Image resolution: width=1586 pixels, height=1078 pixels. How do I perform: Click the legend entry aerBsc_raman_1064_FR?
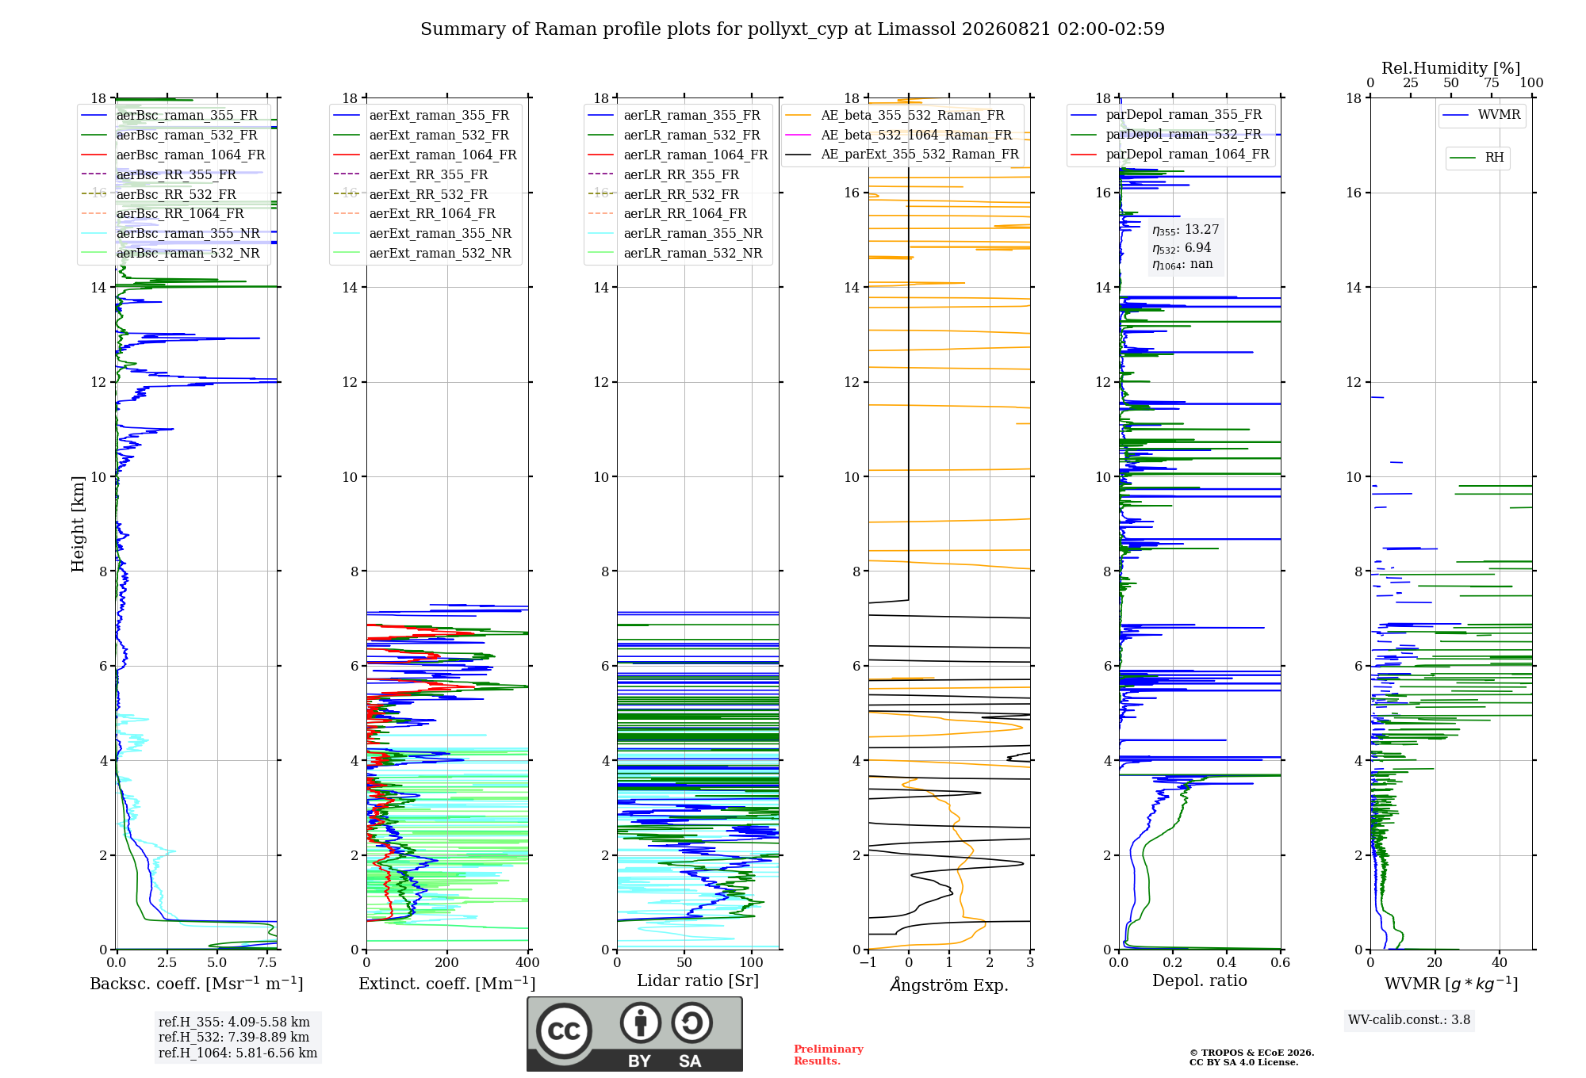point(173,155)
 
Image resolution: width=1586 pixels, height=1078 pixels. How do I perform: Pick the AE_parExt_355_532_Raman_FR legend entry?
point(902,154)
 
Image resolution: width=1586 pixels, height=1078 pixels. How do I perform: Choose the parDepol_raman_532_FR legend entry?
point(1166,135)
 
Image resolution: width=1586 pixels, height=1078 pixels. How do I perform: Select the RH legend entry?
point(1477,158)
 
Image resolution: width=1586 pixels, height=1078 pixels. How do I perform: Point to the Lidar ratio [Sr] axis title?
point(698,981)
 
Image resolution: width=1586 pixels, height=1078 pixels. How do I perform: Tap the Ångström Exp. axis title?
point(949,984)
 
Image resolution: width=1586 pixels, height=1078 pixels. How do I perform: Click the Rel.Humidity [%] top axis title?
point(1451,68)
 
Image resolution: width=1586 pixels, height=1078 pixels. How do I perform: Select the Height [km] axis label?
point(78,524)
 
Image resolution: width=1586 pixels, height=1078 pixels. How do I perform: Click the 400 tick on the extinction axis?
point(528,962)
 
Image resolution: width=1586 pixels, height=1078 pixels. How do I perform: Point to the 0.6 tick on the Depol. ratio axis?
point(1281,962)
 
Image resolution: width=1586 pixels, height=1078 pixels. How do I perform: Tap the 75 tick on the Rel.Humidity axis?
point(1492,82)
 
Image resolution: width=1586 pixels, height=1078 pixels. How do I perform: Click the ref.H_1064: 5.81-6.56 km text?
point(238,1053)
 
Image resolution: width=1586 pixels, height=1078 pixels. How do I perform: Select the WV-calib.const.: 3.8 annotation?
point(1409,1020)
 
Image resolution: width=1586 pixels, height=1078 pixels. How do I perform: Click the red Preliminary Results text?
point(829,1055)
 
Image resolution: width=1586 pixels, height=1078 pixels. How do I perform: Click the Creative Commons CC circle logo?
point(565,1030)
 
